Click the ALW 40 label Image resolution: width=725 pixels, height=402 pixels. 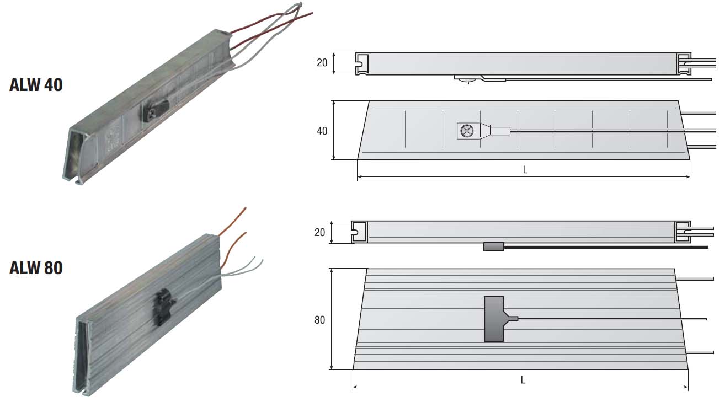pos(36,85)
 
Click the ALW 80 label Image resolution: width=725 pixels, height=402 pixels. pos(36,268)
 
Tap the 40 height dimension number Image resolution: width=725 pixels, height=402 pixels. pos(322,131)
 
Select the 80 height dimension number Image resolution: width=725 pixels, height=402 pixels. pos(320,320)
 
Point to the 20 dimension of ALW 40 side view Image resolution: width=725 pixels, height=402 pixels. pos(322,63)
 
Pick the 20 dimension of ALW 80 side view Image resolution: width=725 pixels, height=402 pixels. pos(320,232)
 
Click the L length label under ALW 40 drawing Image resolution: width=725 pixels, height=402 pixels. pos(525,170)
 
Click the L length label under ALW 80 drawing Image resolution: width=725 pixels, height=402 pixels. pos(523,380)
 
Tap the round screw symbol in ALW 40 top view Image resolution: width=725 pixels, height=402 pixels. pos(467,131)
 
